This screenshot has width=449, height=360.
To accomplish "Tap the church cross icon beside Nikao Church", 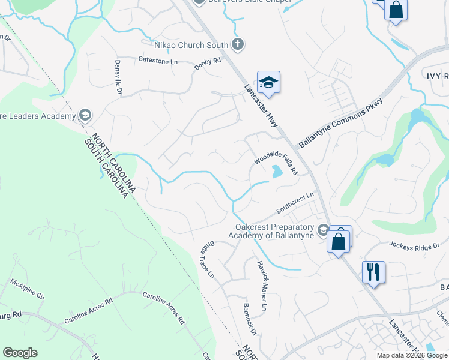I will [238, 44].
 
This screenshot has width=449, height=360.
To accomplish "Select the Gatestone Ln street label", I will [158, 61].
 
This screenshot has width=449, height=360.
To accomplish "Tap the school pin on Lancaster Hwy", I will [269, 83].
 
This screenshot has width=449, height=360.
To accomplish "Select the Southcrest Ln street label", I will [295, 203].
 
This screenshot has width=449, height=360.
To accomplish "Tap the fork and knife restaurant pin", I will [373, 272].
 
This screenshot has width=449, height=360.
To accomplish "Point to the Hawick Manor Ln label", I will [261, 286].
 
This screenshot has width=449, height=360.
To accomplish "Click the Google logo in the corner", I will [20, 353].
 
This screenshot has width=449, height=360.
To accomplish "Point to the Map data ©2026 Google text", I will [412, 355].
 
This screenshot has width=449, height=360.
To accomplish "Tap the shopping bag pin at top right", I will [396, 11].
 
